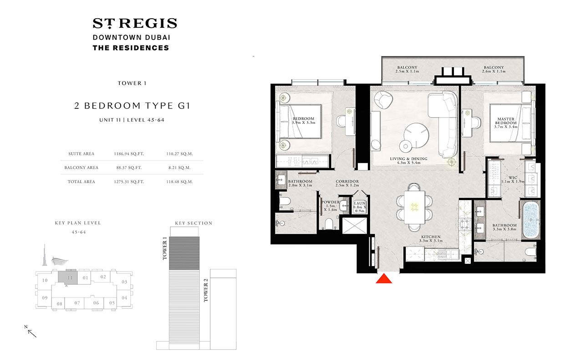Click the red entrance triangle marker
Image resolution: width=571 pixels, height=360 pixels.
click(384, 278)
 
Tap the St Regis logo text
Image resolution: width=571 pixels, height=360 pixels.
click(135, 23)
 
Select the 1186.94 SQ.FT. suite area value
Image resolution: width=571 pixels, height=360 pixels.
click(129, 154)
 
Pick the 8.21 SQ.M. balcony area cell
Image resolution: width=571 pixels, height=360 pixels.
click(179, 168)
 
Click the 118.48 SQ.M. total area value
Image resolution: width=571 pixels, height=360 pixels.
click(179, 182)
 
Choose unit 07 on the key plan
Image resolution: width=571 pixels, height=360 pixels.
click(77, 303)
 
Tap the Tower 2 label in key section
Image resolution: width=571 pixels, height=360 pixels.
click(206, 290)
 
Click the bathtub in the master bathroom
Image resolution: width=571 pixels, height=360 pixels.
click(531, 220)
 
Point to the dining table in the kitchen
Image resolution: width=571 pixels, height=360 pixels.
click(414, 207)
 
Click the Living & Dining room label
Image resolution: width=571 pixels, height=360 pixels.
click(408, 160)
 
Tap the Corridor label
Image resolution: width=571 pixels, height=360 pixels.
click(347, 183)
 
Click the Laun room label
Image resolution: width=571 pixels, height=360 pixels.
click(359, 207)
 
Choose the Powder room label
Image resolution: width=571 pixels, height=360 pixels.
click(331, 206)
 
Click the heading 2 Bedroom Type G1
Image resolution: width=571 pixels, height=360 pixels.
click(133, 106)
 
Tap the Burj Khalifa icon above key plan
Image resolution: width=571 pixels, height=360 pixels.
click(45, 255)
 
